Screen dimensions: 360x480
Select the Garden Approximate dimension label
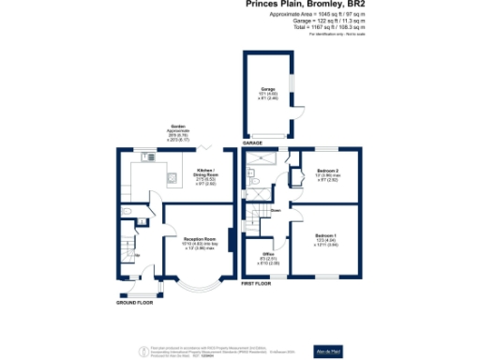pyautogui.click(x=177, y=133)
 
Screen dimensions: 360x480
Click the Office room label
pyautogui.click(x=266, y=257)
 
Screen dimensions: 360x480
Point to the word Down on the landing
pyautogui.click(x=276, y=211)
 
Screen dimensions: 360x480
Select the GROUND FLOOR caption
pyautogui.click(x=133, y=304)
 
